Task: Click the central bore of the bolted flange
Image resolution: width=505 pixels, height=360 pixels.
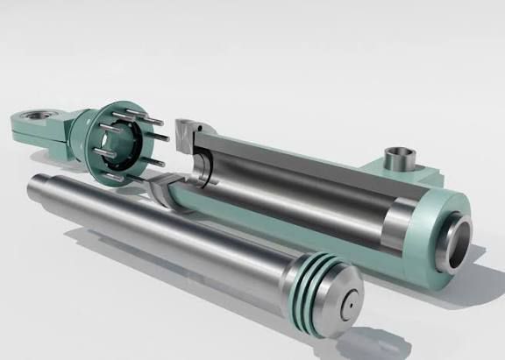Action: tap(113, 140)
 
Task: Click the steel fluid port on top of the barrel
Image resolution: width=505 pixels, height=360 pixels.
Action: tap(402, 160)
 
